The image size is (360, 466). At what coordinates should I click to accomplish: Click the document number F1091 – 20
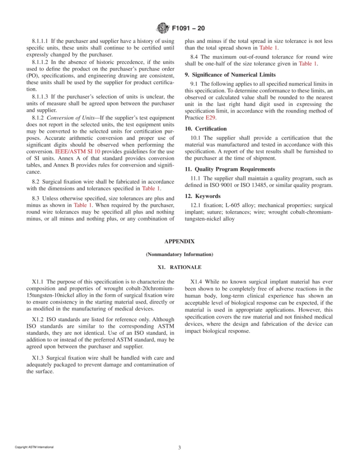(188, 28)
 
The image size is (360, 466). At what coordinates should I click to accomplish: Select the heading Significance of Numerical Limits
(230, 75)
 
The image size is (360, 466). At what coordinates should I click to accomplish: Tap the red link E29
(211, 118)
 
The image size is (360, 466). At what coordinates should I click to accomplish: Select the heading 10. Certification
(205, 129)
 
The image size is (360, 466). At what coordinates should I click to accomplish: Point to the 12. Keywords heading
(202, 196)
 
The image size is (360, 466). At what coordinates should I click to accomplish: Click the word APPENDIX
(179, 241)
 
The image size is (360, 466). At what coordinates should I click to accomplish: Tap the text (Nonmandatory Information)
(179, 254)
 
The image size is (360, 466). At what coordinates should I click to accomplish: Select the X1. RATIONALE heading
(179, 267)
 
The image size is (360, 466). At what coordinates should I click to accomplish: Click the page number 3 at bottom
(180, 447)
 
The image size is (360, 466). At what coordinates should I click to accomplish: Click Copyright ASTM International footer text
(34, 447)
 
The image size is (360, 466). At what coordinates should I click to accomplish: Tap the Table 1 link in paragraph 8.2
(151, 188)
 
